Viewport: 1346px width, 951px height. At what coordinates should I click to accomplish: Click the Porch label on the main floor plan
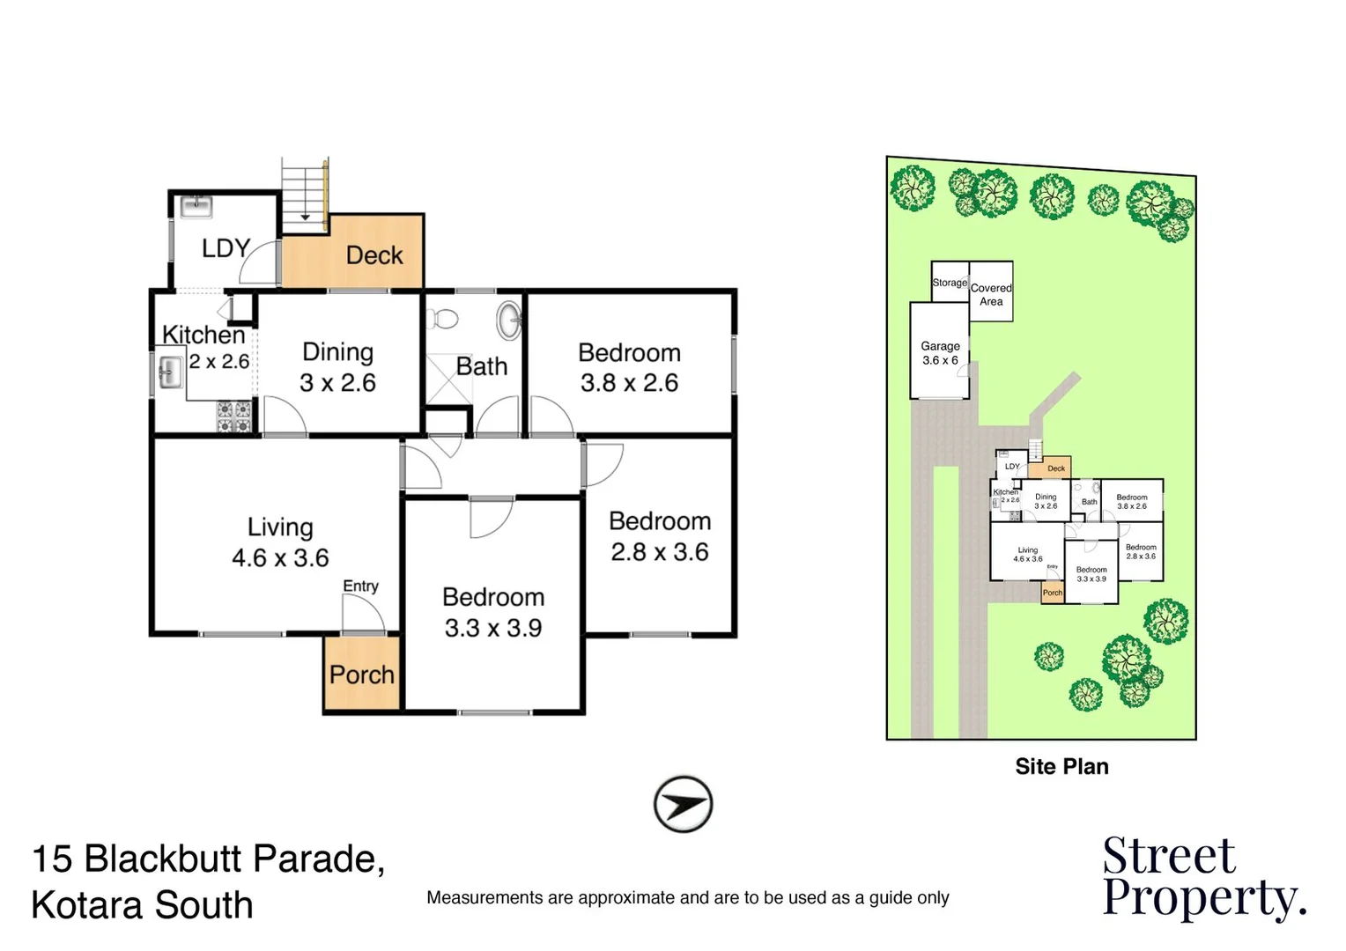point(362,675)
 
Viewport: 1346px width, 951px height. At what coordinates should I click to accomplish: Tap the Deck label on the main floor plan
point(373,255)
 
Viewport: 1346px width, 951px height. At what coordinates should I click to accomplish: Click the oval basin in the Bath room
point(509,321)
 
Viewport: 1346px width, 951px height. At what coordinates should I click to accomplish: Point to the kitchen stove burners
point(234,417)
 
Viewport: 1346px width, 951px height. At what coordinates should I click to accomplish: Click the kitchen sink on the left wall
point(169,372)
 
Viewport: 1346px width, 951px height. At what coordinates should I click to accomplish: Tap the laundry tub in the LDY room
point(196,207)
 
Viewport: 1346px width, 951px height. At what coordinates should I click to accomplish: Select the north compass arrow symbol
point(683,804)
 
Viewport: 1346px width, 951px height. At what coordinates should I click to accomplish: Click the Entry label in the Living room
point(360,586)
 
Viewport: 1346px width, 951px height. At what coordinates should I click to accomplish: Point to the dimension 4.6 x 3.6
point(280,558)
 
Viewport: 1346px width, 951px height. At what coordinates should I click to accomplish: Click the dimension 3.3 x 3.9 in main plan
point(492,629)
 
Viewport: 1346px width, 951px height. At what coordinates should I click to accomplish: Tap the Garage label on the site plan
point(940,346)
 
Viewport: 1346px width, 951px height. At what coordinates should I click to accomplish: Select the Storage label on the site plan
point(950,283)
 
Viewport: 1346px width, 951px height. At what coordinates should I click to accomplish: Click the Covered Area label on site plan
point(991,294)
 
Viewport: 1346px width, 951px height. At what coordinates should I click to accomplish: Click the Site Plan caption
point(1061,767)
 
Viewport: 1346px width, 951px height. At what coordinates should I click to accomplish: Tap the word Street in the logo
point(1169,855)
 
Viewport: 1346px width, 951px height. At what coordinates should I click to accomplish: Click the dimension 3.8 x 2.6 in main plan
point(629,383)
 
